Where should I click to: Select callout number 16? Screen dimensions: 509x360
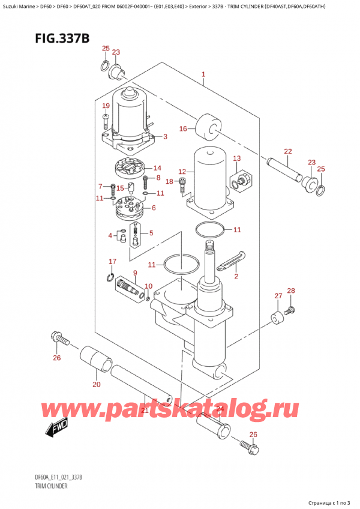tap(183, 128)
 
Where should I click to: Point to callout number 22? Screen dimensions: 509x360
tap(288, 151)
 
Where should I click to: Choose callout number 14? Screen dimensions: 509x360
tap(157, 168)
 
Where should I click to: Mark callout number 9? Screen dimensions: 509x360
tap(135, 273)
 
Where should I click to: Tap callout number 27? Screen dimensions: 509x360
tap(278, 295)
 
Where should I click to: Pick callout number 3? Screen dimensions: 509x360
tap(164, 137)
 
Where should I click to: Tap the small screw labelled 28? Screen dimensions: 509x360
tap(292, 310)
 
